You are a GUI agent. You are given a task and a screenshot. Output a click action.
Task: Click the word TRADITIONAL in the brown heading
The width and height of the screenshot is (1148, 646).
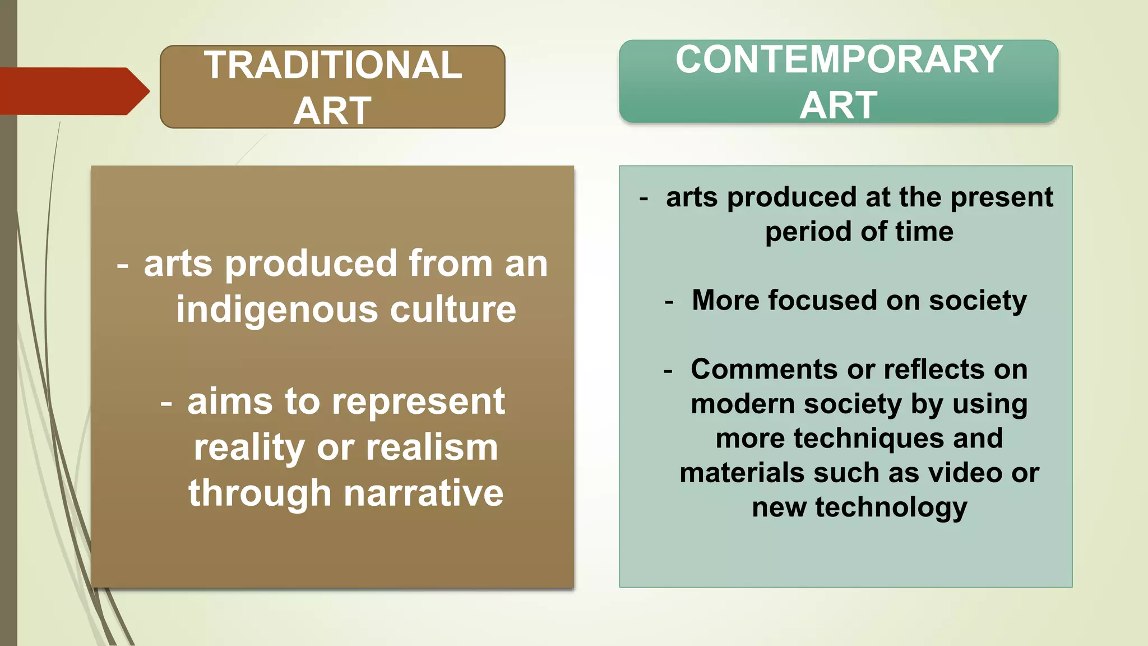pos(332,65)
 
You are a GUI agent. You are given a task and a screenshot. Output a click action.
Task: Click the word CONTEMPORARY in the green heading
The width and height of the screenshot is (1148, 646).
pos(839,59)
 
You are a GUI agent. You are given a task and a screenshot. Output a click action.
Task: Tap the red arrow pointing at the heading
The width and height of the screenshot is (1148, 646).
pos(73,91)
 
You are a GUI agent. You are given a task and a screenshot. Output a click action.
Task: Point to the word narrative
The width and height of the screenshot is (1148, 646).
pos(424,493)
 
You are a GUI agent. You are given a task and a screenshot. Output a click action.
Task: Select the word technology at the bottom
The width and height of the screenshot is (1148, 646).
pos(891,507)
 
